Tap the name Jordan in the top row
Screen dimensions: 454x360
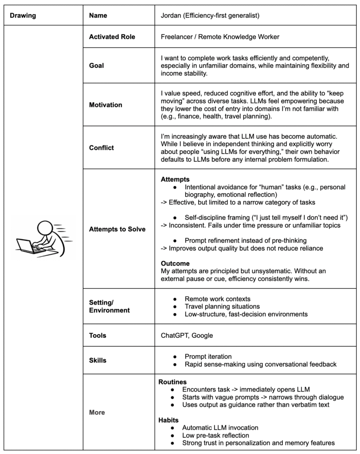[171, 16]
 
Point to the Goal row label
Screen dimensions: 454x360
[97, 65]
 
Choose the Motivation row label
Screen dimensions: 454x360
[106, 106]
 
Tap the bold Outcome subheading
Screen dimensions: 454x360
[175, 263]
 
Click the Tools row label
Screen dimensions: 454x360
[97, 335]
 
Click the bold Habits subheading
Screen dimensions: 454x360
[169, 419]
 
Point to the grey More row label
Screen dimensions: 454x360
[97, 412]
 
